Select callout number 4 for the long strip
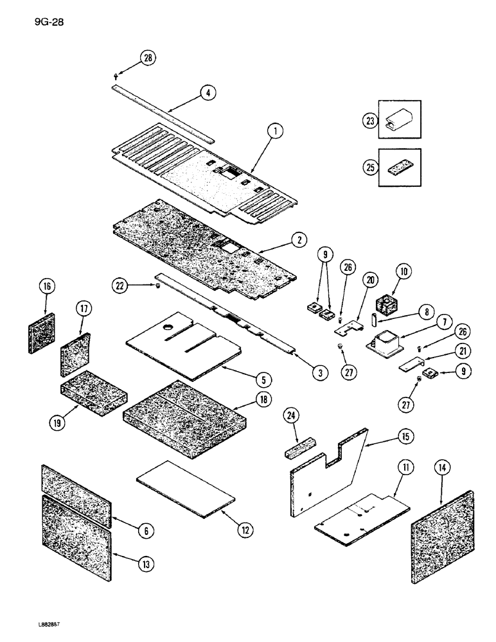click(207, 92)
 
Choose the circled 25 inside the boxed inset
click(369, 168)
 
